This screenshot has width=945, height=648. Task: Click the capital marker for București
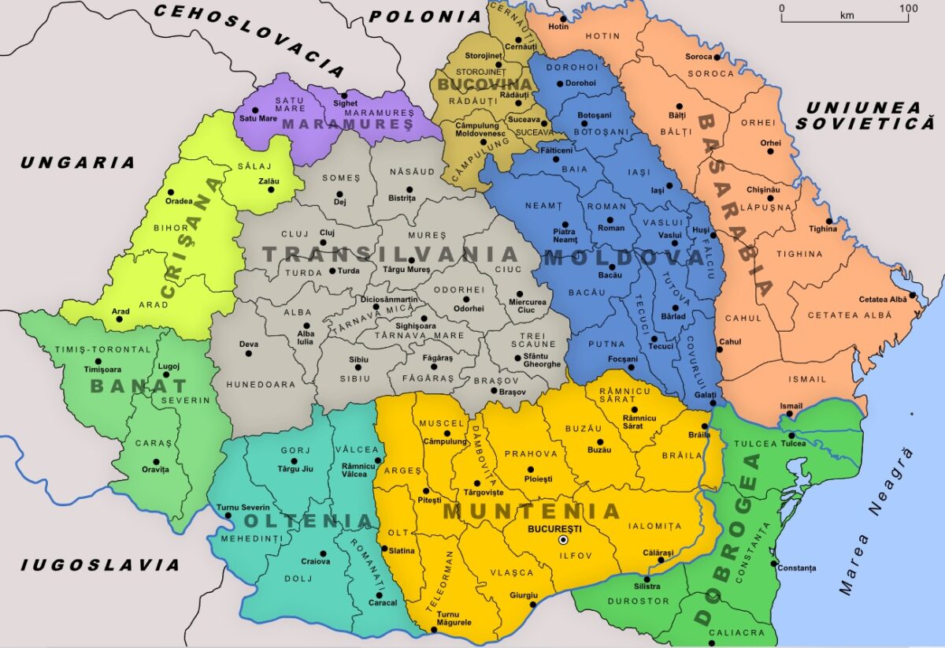click(562, 540)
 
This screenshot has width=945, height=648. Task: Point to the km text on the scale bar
click(847, 16)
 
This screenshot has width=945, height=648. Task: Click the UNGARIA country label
click(78, 163)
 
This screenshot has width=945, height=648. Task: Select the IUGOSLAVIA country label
click(100, 564)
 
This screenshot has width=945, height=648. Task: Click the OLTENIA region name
click(308, 521)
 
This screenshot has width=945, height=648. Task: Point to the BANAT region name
click(139, 385)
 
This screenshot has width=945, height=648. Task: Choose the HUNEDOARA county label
click(261, 385)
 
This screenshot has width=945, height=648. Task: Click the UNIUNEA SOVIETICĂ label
click(864, 115)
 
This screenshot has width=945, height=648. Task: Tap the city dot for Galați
click(712, 403)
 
